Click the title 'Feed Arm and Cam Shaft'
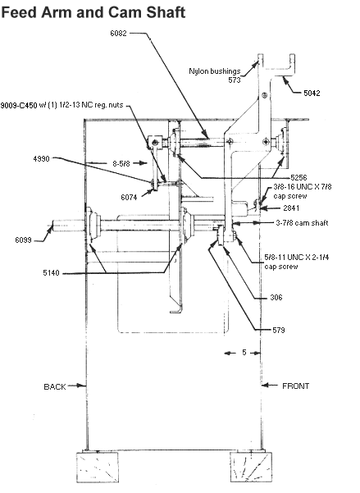coord(93,12)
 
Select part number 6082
coord(118,33)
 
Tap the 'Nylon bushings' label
coord(214,71)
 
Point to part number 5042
coord(312,93)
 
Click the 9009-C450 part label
coord(19,105)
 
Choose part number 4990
coord(42,159)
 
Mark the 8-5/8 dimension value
coord(121,163)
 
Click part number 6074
coord(129,198)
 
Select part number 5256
coord(298,177)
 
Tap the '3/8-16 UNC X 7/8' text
coord(303,187)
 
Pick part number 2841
coord(291,208)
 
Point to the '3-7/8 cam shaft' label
coord(302,223)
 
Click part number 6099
coord(23,240)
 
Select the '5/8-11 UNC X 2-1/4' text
coord(297,258)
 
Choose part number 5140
coord(51,273)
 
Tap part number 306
coord(276,298)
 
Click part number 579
coord(279,330)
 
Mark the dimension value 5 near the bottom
coord(244,353)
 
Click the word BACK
coord(55,386)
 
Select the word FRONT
coord(295,386)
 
